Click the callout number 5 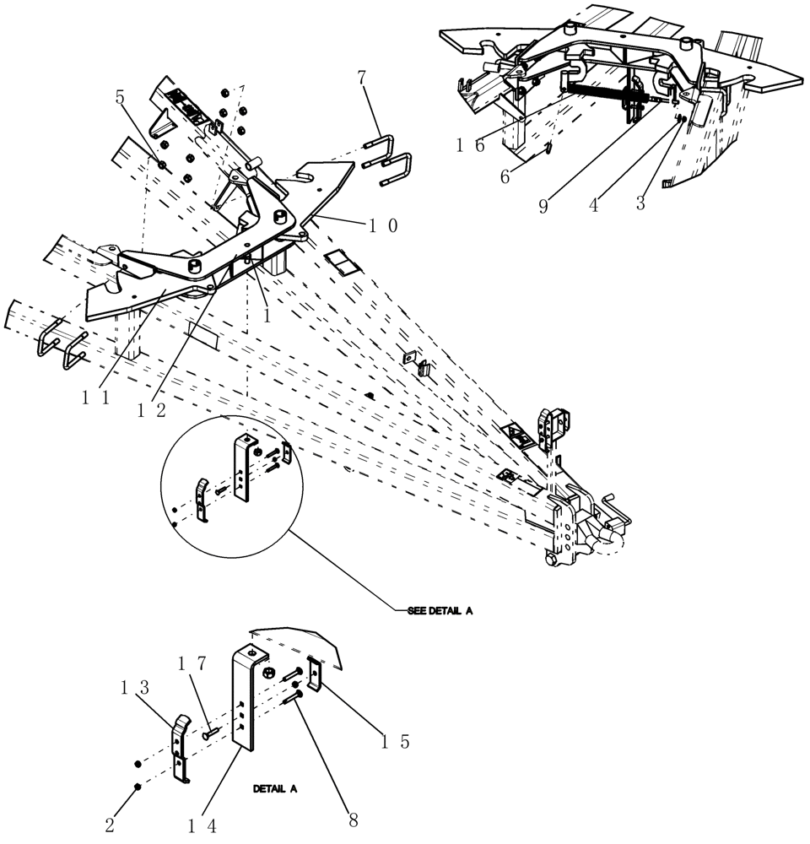click(x=120, y=98)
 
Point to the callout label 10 click(x=381, y=225)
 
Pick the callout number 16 click(x=470, y=146)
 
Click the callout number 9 click(x=543, y=205)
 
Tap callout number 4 click(x=594, y=205)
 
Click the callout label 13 click(x=134, y=689)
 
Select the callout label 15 click(x=392, y=741)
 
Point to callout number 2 click(x=110, y=825)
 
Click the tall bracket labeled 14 click(x=244, y=701)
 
